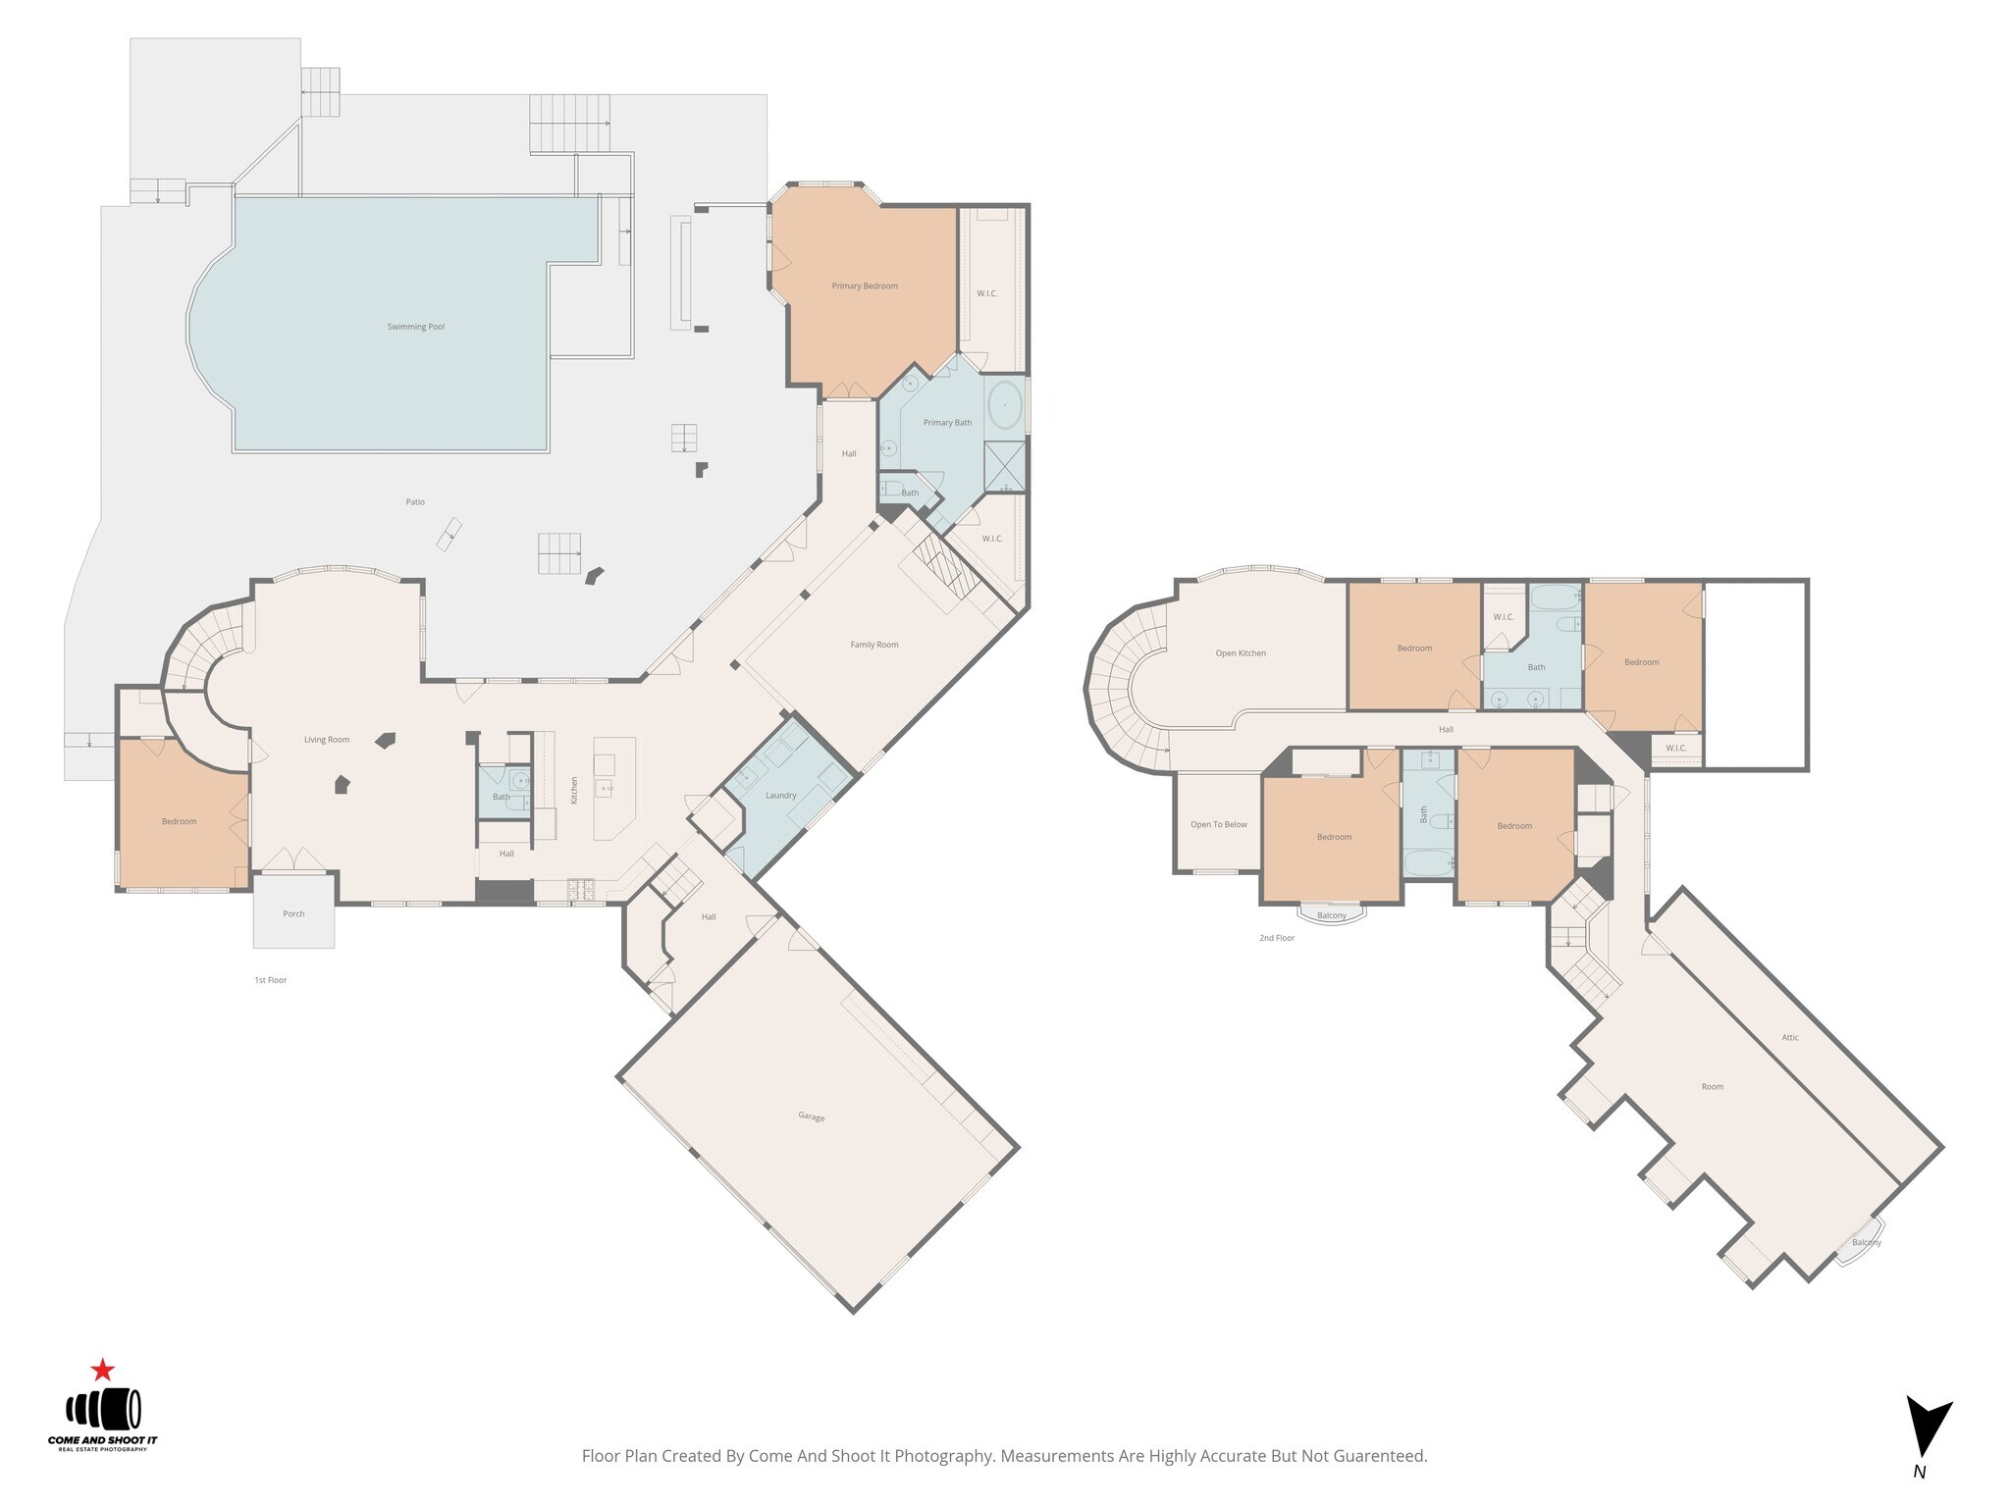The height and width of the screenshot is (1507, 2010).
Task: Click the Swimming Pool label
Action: point(415,327)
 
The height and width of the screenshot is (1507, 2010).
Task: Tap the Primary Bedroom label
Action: point(865,286)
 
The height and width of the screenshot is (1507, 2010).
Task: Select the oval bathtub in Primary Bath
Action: point(1004,404)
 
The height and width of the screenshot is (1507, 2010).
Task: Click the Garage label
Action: point(811,1117)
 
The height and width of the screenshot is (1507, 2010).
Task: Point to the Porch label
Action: point(293,913)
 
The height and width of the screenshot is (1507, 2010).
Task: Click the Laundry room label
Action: point(780,796)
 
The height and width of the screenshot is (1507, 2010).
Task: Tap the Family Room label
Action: point(873,645)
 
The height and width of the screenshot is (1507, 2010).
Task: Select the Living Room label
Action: point(327,740)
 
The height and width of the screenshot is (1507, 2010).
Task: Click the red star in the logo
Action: point(102,1370)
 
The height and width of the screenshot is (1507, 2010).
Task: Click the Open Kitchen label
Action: point(1241,653)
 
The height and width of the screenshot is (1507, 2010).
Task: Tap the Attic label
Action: point(1790,1037)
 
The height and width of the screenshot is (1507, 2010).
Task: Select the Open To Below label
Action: point(1219,825)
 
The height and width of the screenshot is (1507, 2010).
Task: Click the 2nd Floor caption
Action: point(1277,938)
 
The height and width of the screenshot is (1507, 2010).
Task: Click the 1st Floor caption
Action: point(270,980)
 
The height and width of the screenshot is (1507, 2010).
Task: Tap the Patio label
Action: point(415,502)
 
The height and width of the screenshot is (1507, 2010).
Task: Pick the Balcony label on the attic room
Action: point(1866,1242)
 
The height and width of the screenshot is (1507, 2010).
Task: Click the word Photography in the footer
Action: point(943,1456)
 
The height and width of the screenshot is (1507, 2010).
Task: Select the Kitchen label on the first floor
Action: point(575,790)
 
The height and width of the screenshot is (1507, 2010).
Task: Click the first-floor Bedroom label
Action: point(180,821)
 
